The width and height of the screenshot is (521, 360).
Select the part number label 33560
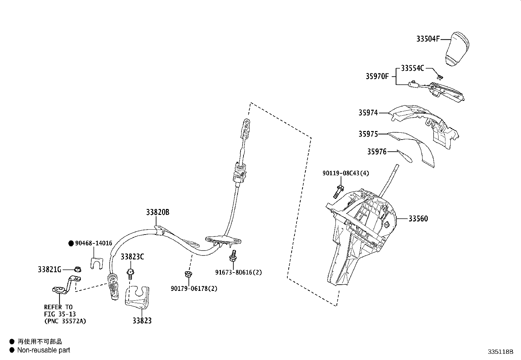coord(418,218)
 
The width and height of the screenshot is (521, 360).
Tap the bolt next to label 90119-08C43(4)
coord(338,191)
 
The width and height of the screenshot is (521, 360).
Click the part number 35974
coord(368,113)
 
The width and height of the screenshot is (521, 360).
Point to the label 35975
coord(368,134)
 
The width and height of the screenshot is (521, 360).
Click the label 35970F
coord(377,76)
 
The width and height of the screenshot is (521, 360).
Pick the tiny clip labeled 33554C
coord(440,77)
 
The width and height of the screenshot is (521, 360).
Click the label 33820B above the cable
coord(158,212)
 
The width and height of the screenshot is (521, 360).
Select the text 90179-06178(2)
coord(194,289)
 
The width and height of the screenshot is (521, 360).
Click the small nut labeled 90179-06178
coord(188,274)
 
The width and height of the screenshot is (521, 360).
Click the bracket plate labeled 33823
coord(137,297)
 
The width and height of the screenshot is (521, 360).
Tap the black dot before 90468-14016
coord(71,243)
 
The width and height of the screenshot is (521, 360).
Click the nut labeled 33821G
coord(78,270)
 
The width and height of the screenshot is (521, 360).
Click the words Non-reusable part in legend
coord(44,350)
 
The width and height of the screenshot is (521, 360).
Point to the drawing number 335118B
coord(500,352)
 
